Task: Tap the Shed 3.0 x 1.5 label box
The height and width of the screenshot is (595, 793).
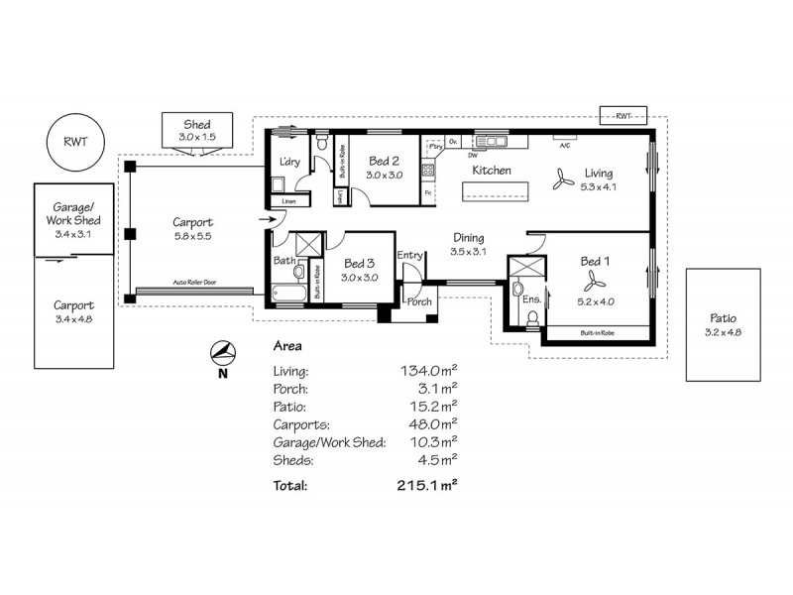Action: [x=195, y=130]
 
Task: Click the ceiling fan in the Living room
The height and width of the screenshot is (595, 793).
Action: [x=562, y=179]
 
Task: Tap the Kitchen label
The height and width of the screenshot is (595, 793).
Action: [x=491, y=171]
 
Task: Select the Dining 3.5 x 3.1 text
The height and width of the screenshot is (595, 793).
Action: [x=468, y=245]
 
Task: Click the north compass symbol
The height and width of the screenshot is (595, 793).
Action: [x=224, y=354]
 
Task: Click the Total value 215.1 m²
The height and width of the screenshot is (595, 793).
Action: [x=425, y=486]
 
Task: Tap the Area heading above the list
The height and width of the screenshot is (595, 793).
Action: [x=287, y=347]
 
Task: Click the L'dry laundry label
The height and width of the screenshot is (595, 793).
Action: [x=290, y=162]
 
